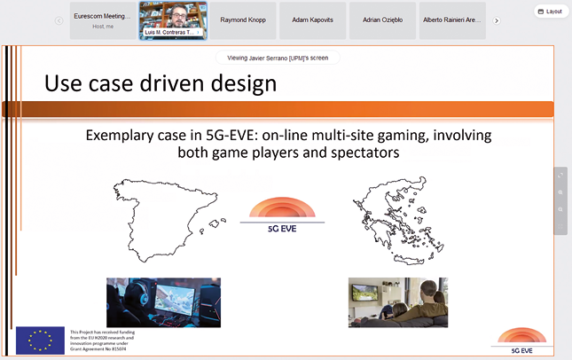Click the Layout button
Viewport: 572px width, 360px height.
pyautogui.click(x=551, y=12)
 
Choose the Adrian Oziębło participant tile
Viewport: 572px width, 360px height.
pyautogui.click(x=380, y=20)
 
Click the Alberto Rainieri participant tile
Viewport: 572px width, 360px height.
pyautogui.click(x=453, y=20)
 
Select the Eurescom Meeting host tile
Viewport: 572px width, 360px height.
pyautogui.click(x=101, y=20)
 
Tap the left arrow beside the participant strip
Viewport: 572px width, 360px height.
pyautogui.click(x=59, y=20)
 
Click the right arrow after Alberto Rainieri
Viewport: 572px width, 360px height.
pyautogui.click(x=497, y=20)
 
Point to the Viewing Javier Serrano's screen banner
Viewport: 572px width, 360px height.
pyautogui.click(x=278, y=58)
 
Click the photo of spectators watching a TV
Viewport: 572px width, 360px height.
pyautogui.click(x=397, y=302)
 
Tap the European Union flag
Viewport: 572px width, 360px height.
pyautogui.click(x=40, y=340)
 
